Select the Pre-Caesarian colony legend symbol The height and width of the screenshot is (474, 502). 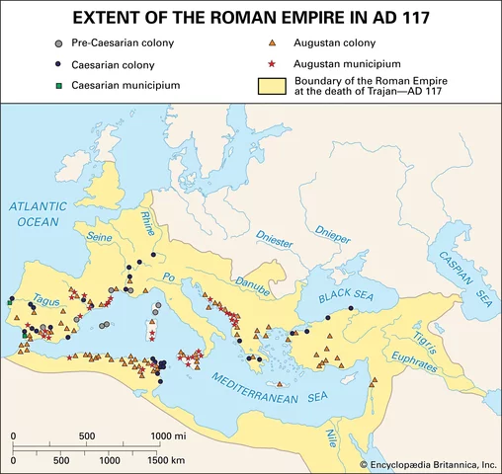[60, 44]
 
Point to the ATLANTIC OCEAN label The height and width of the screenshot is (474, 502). [38, 214]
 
